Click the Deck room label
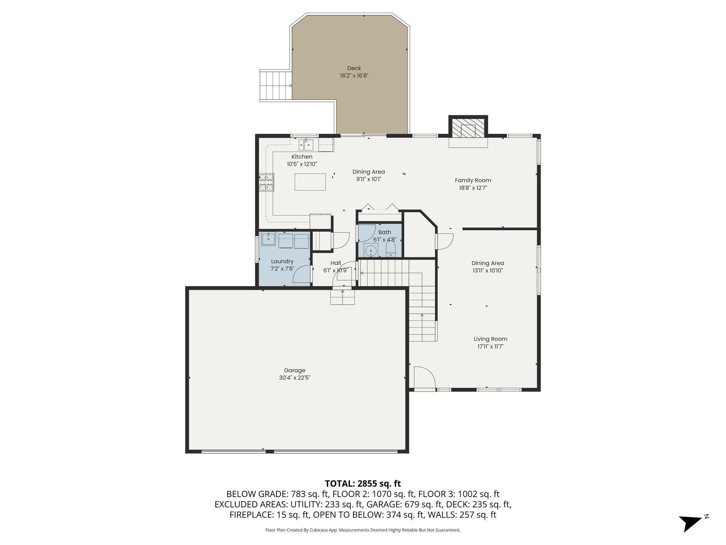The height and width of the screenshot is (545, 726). [x=354, y=68]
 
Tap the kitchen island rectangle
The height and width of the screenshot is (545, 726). [x=310, y=182]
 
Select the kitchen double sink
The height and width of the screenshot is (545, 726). [x=306, y=145]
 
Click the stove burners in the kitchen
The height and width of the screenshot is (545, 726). [x=266, y=182]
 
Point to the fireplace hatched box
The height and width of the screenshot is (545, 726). [x=468, y=127]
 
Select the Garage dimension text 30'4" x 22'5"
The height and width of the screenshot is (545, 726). [x=295, y=378]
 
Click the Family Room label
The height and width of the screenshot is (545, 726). [x=473, y=180]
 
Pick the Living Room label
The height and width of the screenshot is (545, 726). [x=490, y=339]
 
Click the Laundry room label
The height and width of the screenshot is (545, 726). [x=282, y=262]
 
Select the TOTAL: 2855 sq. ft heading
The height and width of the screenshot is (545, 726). [x=363, y=484]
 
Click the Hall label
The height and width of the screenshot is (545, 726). [x=335, y=263]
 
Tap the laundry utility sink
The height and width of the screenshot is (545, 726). [x=269, y=239]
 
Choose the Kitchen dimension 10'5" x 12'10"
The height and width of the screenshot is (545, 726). [x=302, y=164]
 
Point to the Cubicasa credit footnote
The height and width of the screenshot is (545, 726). [x=363, y=530]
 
